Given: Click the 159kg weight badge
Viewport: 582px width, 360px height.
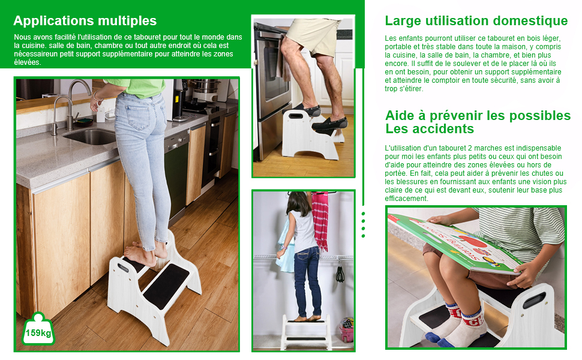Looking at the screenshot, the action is click(x=38, y=329).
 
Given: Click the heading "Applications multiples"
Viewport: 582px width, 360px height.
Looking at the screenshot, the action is click(x=85, y=21).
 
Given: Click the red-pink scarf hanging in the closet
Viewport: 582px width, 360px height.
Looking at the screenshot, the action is click(x=320, y=220).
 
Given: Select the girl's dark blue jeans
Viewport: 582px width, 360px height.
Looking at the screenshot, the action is click(x=308, y=281).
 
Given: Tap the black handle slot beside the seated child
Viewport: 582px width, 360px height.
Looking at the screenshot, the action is click(x=535, y=300).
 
